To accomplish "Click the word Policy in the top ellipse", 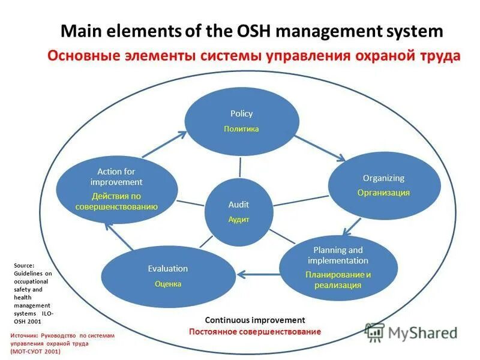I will pyautogui.click(x=241, y=113).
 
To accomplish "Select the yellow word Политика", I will pyautogui.click(x=241, y=129).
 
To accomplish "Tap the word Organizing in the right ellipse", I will pyautogui.click(x=383, y=178).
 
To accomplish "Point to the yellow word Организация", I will pyautogui.click(x=383, y=193).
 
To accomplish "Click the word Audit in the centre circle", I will pyautogui.click(x=238, y=205).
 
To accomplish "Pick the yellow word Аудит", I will pyautogui.click(x=238, y=220).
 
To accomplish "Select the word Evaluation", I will pyautogui.click(x=168, y=269).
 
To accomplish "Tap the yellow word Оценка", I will pyautogui.click(x=168, y=284).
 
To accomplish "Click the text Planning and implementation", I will pyautogui.click(x=338, y=256).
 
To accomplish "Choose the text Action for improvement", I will pyautogui.click(x=116, y=177).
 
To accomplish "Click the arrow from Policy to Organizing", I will pyautogui.click(x=322, y=147).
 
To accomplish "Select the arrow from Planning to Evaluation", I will pyautogui.click(x=259, y=275).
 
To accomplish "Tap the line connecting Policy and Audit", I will pyautogui.click(x=240, y=166).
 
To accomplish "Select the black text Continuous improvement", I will pyautogui.click(x=255, y=320).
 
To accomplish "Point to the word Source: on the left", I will pyautogui.click(x=24, y=265).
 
